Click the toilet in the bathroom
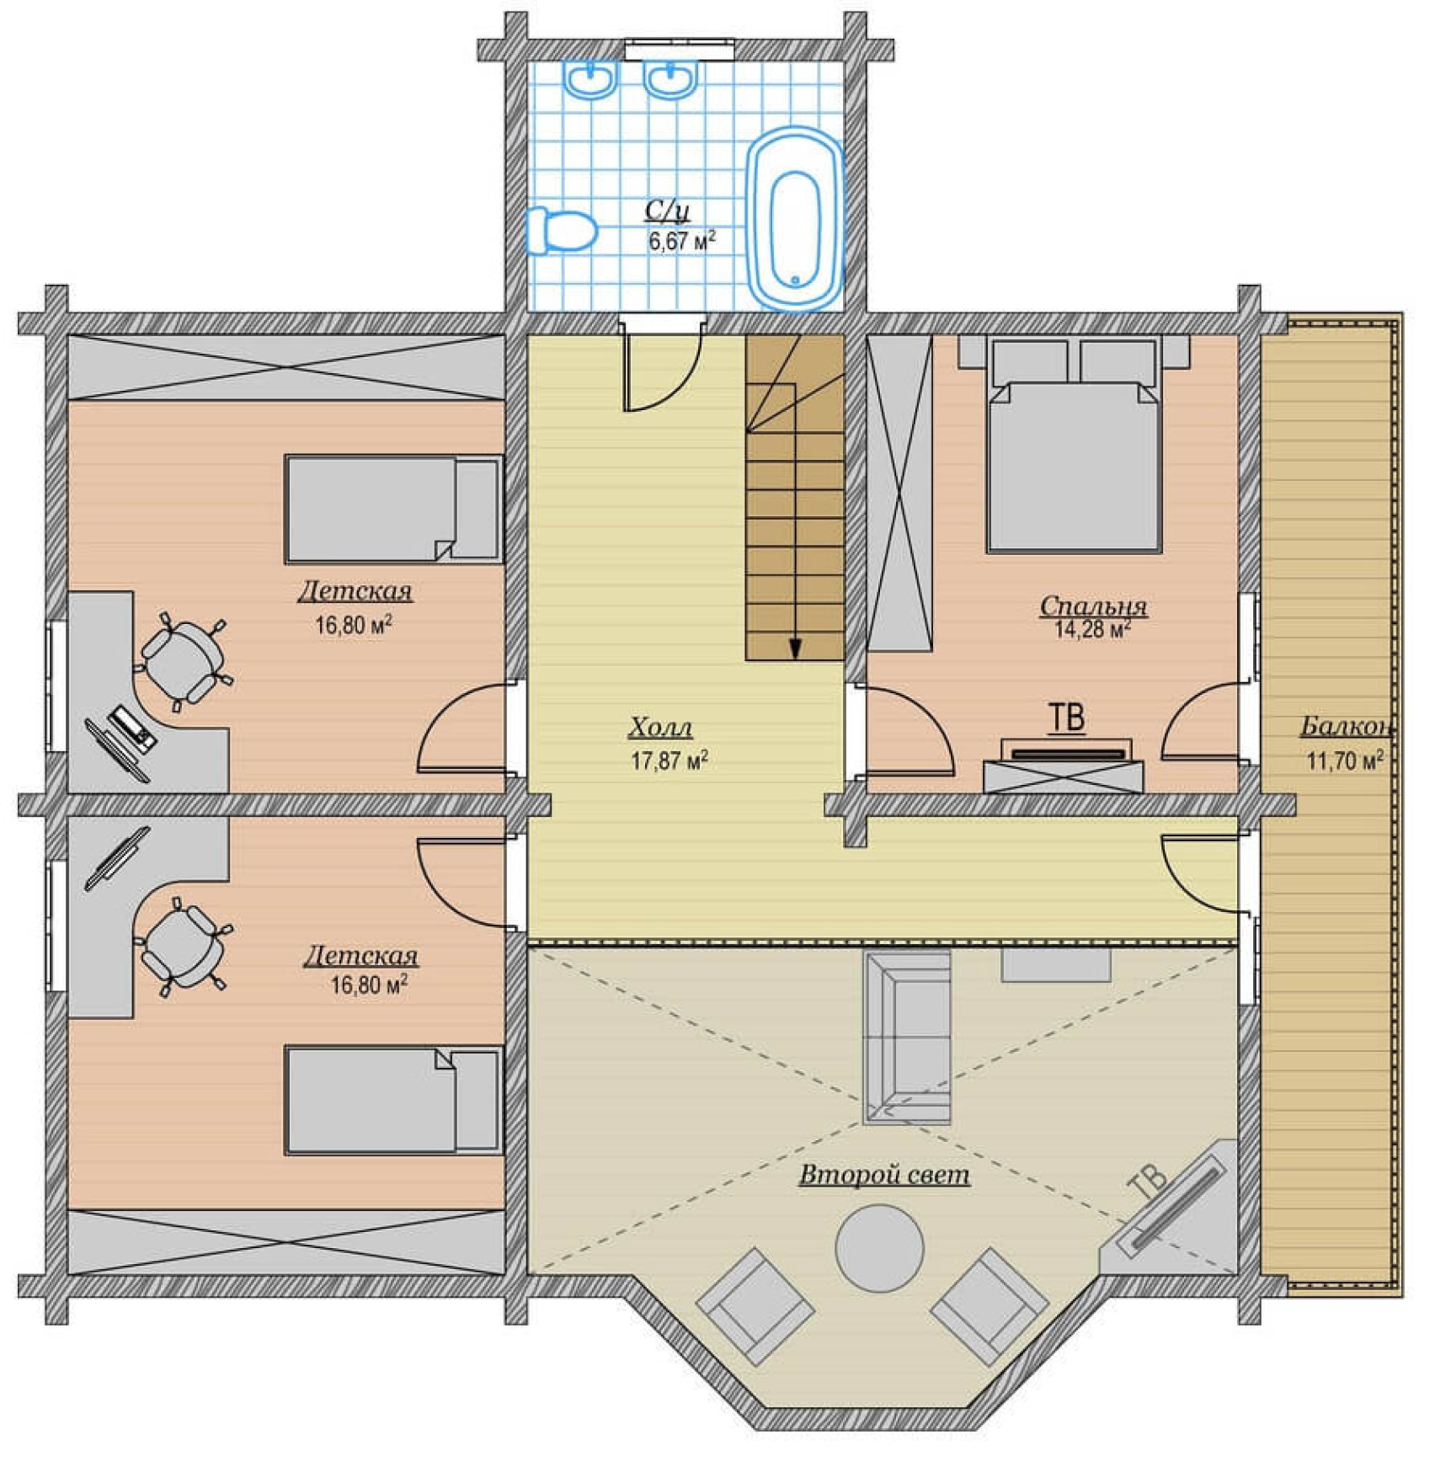tap(562, 230)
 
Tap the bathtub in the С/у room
tap(795, 219)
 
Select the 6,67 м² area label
tap(682, 241)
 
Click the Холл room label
tap(661, 727)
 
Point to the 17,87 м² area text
tap(669, 760)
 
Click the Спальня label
tap(1093, 606)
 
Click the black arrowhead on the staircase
tap(795, 648)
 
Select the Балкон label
tap(1346, 726)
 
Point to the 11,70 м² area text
tap(1345, 760)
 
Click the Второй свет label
tap(884, 1175)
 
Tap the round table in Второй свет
tap(879, 1248)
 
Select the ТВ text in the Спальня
tap(1067, 718)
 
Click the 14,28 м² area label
tap(1092, 629)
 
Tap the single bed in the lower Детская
tap(393, 1100)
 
